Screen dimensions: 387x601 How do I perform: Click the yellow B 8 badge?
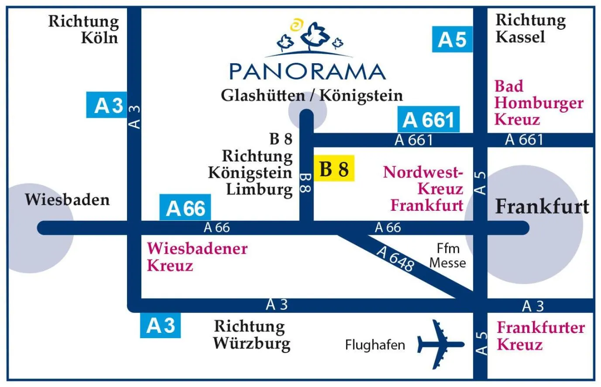334,168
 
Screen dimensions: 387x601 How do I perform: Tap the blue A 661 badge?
428,120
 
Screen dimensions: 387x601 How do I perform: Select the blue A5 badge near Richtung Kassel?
452,39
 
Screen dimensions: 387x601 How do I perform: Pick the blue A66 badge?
185,208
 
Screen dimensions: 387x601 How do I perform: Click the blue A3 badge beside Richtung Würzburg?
160,326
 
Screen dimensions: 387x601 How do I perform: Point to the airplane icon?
440,344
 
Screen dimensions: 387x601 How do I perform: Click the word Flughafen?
375,345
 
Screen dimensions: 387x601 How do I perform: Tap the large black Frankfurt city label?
542,206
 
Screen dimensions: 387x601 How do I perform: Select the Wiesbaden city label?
67,200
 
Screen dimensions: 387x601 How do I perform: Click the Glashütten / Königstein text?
312,96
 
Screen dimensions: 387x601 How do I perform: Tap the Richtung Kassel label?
530,28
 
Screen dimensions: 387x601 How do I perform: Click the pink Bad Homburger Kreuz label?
539,103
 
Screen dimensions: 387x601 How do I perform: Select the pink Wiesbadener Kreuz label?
196,257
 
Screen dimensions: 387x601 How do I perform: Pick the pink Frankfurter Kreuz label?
540,336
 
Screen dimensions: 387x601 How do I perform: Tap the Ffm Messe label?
447,256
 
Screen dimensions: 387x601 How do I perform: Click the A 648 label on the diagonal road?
395,258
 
